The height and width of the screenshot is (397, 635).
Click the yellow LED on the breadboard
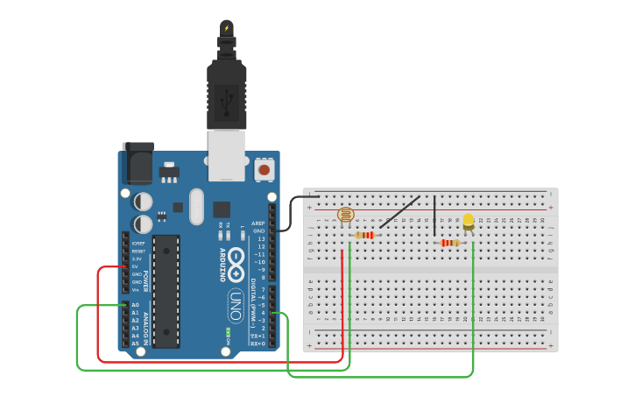click(x=469, y=221)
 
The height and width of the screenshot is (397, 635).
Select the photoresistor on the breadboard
click(x=345, y=214)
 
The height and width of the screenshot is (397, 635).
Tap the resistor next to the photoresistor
click(x=364, y=235)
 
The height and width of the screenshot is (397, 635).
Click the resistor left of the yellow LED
click(x=450, y=243)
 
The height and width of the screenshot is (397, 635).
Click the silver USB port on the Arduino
click(x=226, y=155)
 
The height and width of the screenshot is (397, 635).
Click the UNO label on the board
click(x=236, y=306)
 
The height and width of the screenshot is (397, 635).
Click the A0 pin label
click(x=136, y=304)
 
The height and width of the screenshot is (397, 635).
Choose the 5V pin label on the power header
click(x=136, y=266)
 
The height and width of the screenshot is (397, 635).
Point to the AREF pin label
click(x=258, y=223)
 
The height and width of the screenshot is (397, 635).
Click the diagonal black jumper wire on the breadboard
click(x=399, y=212)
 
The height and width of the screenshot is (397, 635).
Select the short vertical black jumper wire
click(x=434, y=216)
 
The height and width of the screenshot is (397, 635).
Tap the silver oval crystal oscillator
click(x=196, y=206)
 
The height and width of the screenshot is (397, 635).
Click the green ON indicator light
click(x=227, y=333)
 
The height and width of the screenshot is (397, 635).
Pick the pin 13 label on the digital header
click(x=260, y=238)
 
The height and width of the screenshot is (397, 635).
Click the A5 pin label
click(x=136, y=344)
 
